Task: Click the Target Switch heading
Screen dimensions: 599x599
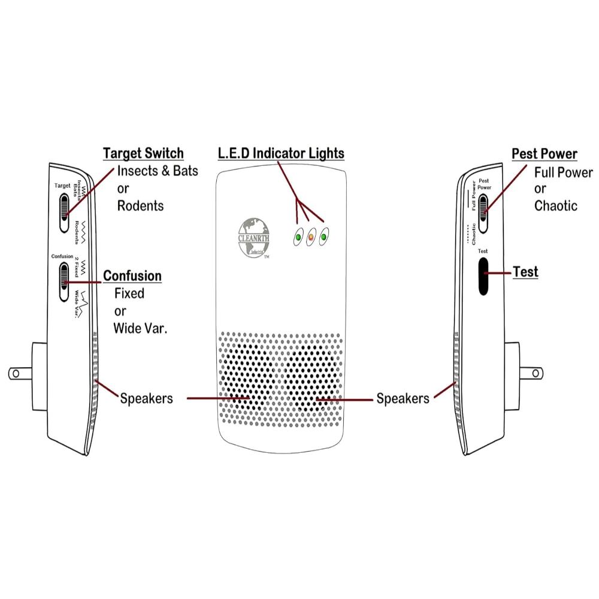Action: pos(143,153)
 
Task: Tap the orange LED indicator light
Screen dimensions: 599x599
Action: pos(311,238)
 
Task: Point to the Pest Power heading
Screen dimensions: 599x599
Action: pos(544,154)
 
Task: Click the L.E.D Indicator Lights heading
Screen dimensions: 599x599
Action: pos(281,153)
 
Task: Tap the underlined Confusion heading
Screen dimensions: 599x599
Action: pos(132,276)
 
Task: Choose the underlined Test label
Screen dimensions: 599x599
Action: pos(525,272)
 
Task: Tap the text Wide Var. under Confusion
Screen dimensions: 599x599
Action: pos(141,328)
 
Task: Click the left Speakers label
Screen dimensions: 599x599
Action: pos(146,398)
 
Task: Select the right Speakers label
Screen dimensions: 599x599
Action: pos(403,398)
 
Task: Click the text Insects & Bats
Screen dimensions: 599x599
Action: pos(158,171)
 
